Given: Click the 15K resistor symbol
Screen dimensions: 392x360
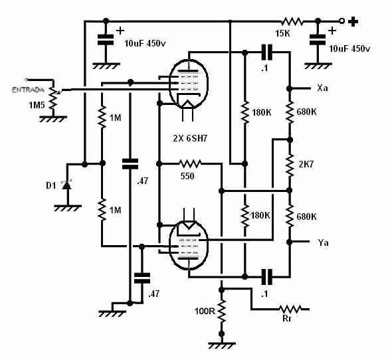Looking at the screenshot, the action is pos(292,22).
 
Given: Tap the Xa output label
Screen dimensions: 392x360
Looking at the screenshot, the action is pos(322,88).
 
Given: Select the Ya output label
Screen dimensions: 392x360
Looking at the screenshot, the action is pos(323,242).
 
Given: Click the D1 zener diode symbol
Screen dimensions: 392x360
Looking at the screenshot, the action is pos(67,185).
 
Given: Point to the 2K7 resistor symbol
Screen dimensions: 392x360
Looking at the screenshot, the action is pos(290,165).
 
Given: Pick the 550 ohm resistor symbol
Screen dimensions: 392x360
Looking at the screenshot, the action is pos(190,164).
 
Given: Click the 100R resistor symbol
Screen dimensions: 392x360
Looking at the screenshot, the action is pos(221,312).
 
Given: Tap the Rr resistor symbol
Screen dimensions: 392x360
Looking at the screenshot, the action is pos(290,309).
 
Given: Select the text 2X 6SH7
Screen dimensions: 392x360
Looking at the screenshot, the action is pos(190,138).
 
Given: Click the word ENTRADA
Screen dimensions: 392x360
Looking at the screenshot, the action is pos(28,90).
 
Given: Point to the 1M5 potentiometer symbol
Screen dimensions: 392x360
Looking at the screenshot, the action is pos(54,98).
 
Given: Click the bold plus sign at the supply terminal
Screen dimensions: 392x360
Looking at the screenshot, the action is pos(353,21).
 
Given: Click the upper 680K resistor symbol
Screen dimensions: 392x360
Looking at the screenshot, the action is pos(290,112).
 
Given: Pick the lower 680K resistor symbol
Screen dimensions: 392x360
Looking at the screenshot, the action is pos(290,216).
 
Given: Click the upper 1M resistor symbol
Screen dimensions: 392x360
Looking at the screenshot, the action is pos(102,117).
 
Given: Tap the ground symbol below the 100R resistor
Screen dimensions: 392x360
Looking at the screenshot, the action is pos(221,345).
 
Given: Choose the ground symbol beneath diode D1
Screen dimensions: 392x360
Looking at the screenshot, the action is pos(68,208).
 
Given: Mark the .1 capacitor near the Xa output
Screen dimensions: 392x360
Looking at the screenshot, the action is pos(266,52).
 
